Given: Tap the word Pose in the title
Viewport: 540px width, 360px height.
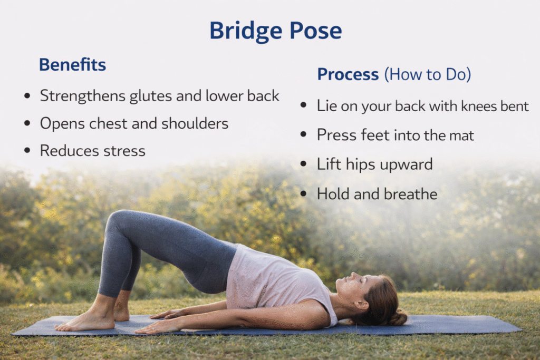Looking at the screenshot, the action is click(315, 31).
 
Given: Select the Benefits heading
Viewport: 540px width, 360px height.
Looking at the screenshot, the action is click(72, 64).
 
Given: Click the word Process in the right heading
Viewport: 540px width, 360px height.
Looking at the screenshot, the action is click(348, 74).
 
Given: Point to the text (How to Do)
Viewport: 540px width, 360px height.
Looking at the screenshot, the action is click(428, 74).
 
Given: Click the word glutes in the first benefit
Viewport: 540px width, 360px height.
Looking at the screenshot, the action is click(151, 96).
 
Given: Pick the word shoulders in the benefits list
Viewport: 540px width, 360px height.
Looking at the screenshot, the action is click(195, 123).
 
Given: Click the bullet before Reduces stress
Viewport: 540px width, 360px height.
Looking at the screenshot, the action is click(27, 150).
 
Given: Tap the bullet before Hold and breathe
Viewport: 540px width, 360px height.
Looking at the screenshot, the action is click(303, 194).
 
